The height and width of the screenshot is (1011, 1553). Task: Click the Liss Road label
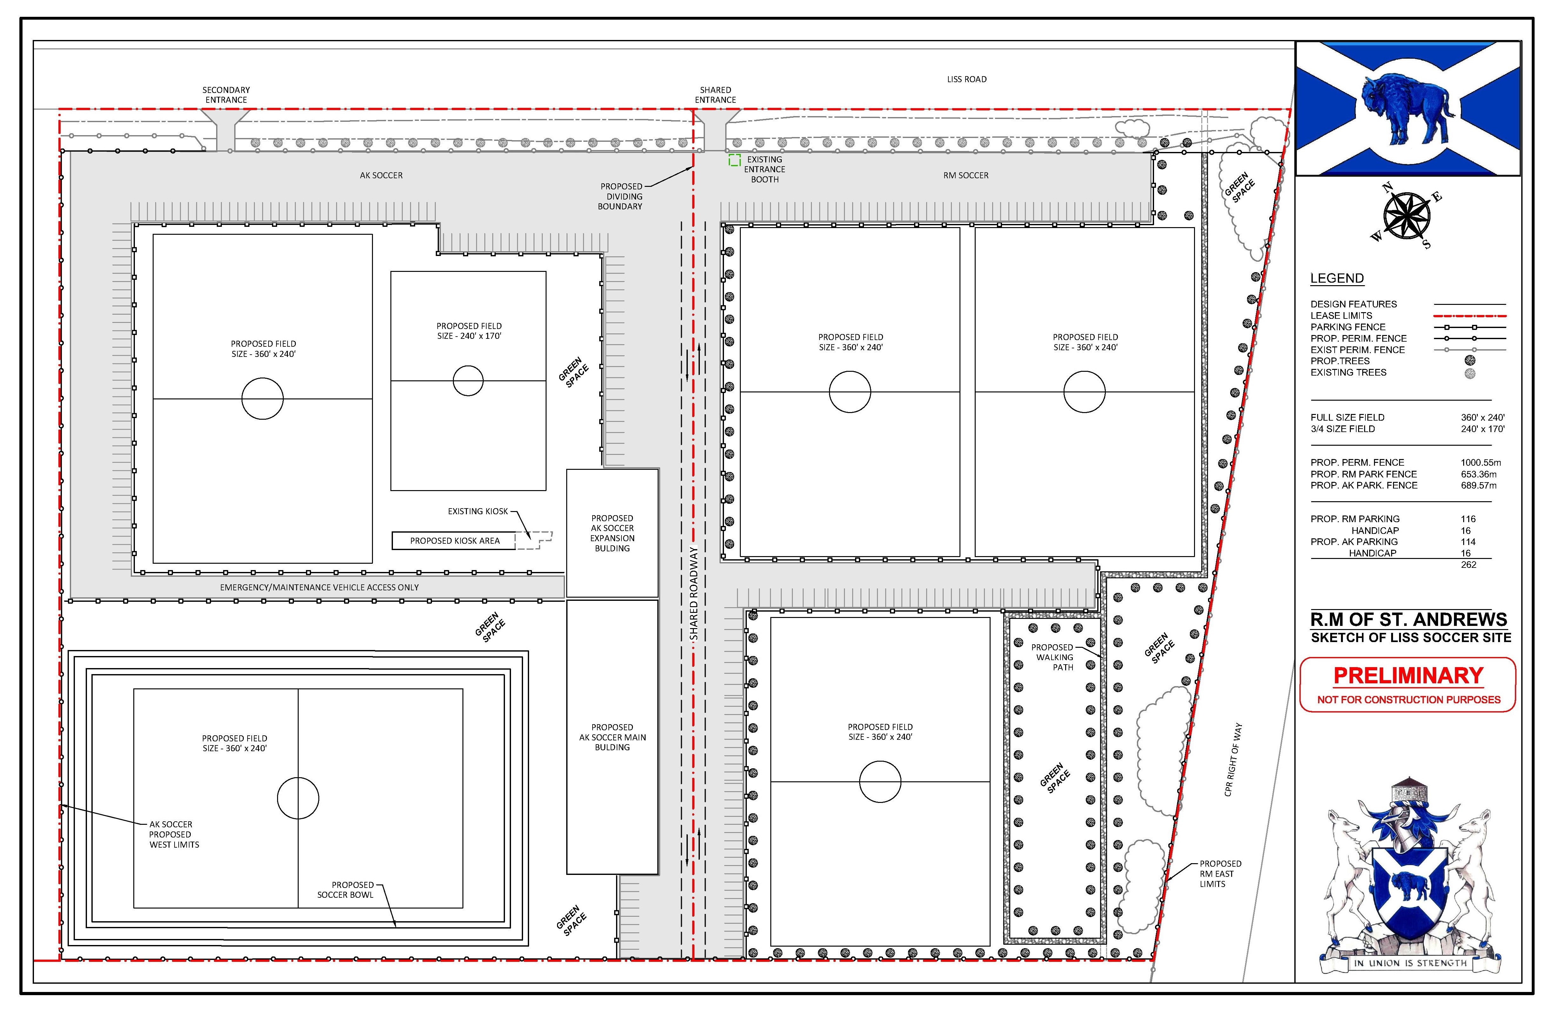click(x=966, y=79)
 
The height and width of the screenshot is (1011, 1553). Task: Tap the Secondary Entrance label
click(x=226, y=95)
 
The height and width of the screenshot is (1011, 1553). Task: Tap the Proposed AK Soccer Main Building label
click(x=612, y=737)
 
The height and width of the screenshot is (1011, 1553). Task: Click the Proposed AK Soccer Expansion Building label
click(x=612, y=533)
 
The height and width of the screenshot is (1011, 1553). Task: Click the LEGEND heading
click(x=1337, y=279)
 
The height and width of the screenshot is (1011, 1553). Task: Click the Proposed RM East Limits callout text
click(x=1220, y=873)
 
